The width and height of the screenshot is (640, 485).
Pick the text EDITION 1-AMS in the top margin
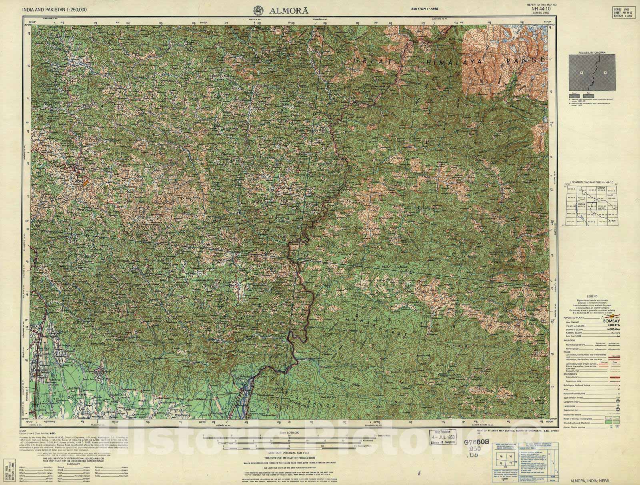coord(425,8)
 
